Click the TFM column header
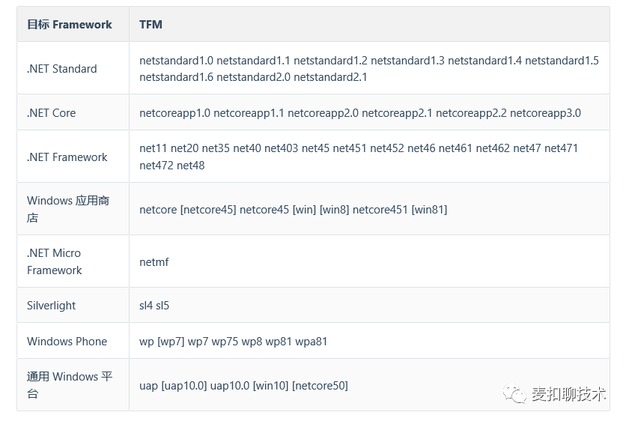point(151,25)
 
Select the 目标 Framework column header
point(70,25)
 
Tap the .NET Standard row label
point(62,69)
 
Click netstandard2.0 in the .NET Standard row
point(253,76)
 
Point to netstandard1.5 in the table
point(562,61)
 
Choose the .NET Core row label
point(51,113)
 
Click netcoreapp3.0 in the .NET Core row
point(545,113)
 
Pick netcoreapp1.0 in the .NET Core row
point(175,113)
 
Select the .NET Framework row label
point(67,157)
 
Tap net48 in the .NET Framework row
point(190,166)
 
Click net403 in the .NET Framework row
point(281,148)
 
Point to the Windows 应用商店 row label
point(68,209)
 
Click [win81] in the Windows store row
point(429,210)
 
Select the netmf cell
point(154,262)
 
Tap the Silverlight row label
point(51,306)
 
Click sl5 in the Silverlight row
point(162,306)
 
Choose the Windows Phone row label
point(67,342)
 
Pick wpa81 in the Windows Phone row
point(311,342)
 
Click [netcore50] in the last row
point(320,386)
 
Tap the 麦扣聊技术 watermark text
point(568,394)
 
